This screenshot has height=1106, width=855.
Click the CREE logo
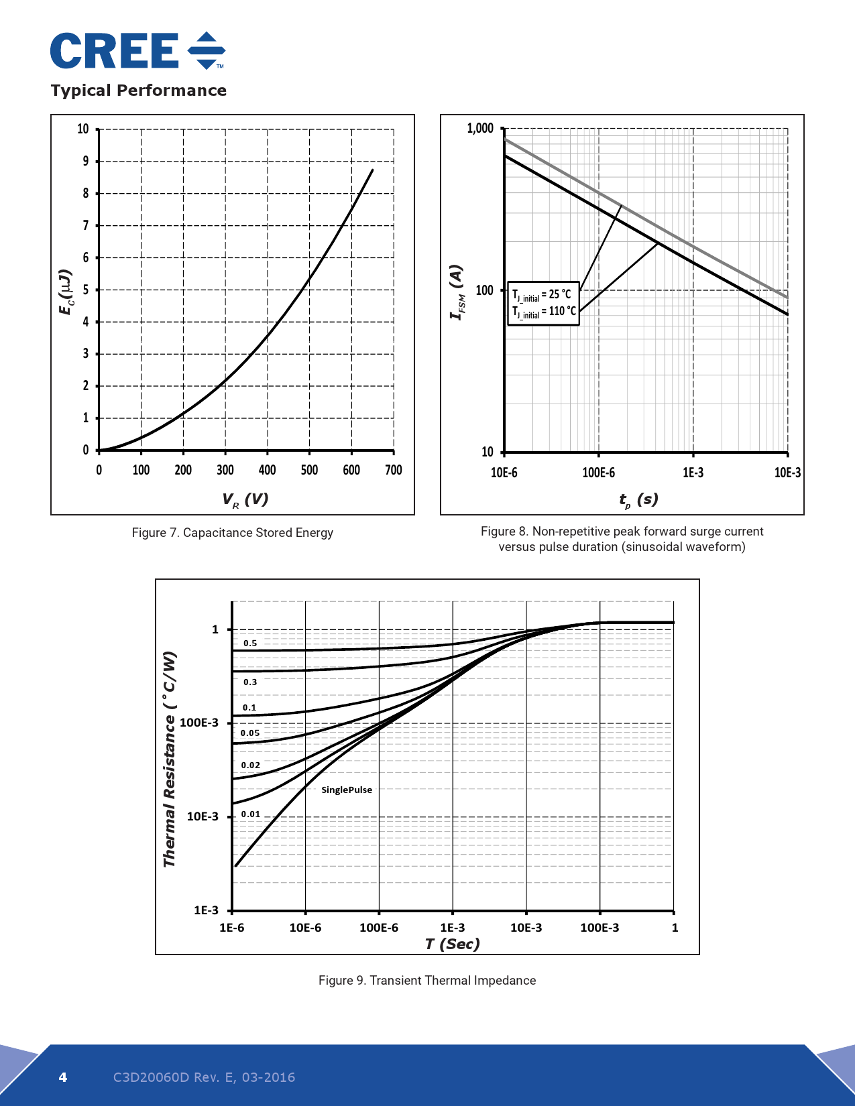137,51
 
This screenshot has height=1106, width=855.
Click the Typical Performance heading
139,90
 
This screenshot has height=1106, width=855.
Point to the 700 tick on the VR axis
394,470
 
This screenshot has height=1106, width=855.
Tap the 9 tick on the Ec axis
85,161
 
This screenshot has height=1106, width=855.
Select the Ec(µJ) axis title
64,292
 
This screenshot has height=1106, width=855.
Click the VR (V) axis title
245,499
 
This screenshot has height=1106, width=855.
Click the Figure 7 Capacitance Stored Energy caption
232,533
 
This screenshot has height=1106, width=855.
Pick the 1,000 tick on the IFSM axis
479,128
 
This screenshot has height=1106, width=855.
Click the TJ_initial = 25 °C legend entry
542,295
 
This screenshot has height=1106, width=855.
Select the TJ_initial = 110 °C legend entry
544,312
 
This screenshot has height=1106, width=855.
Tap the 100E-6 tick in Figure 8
598,473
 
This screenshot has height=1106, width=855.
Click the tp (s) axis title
638,499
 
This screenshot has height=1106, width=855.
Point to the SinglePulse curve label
346,790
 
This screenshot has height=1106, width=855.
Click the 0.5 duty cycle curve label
250,643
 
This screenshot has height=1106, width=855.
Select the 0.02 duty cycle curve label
251,765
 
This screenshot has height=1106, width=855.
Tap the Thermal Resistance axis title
170,759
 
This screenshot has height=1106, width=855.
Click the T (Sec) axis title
453,944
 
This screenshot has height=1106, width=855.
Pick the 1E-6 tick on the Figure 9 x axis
232,928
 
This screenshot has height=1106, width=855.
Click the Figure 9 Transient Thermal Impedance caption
427,981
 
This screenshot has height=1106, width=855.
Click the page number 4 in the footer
63,1077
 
